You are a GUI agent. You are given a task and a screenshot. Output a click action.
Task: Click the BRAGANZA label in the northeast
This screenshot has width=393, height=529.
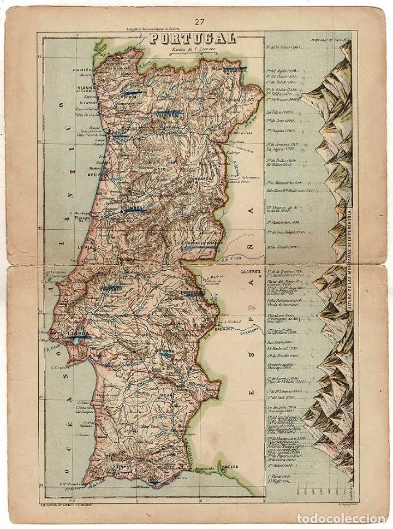(235, 70)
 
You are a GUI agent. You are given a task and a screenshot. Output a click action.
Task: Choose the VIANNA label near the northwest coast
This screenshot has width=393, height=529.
(80, 92)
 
